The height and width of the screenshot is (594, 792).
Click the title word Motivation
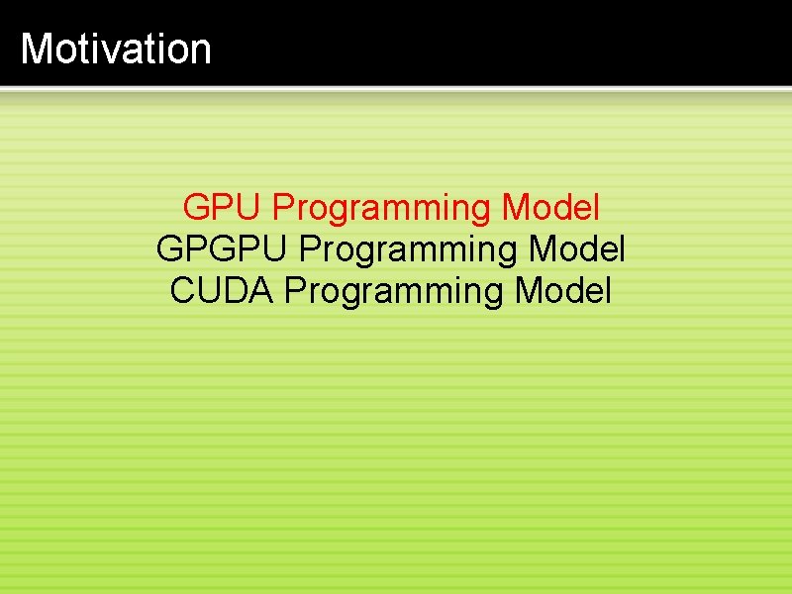point(116,49)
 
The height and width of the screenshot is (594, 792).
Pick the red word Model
point(551,208)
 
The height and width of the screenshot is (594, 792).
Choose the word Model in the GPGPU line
point(577,249)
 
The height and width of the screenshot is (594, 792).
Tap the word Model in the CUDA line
point(564,291)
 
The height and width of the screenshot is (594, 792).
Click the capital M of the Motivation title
point(37,49)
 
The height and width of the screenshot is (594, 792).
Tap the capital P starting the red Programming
point(284,208)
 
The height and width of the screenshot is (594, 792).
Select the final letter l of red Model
point(596,208)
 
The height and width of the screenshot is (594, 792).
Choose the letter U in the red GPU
point(249,208)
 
